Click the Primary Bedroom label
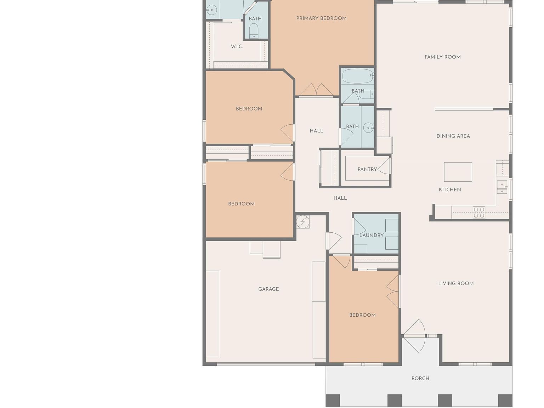point(321,18)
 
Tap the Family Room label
point(443,57)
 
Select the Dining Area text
point(453,136)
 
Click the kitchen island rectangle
point(458,172)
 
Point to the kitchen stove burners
point(479,212)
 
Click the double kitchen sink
point(502,187)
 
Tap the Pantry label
point(367,169)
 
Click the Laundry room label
point(371,235)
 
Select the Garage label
point(268,289)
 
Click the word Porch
point(420,378)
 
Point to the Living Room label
point(456,283)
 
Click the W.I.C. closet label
point(237,46)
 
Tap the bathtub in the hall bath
point(358,76)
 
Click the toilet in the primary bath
point(254,30)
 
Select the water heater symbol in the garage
point(302,221)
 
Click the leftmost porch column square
point(333,400)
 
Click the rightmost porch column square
point(505,400)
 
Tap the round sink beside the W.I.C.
point(211,10)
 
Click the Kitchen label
point(450,189)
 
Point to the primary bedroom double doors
point(316,90)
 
